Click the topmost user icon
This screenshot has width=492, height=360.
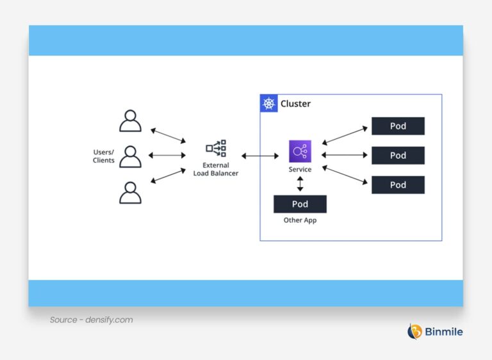[x=130, y=120]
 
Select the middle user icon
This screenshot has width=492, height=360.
[x=130, y=156]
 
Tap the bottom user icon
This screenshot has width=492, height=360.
[x=130, y=192]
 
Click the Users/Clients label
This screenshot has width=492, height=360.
[x=104, y=156]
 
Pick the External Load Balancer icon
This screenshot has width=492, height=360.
[x=216, y=149]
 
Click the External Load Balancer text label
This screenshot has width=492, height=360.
[x=216, y=169]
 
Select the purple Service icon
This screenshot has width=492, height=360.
[x=300, y=151]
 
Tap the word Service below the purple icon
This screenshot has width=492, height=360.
[x=300, y=170]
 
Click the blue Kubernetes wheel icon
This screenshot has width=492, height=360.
[x=269, y=104]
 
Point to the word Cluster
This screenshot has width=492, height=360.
[x=295, y=104]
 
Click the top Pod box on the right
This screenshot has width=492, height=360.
[x=398, y=126]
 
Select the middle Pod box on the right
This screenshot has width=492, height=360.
[x=398, y=156]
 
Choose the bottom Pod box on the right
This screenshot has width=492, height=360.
[x=398, y=185]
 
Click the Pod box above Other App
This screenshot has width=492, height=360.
[x=300, y=204]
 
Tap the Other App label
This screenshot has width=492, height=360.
[x=300, y=220]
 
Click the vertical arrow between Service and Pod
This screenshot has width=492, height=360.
[x=300, y=184]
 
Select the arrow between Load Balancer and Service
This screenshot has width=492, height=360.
[x=260, y=156]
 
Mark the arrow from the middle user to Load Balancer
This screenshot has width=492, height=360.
[x=167, y=156]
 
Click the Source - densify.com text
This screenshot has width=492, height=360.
[x=92, y=320]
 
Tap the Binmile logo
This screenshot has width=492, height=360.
[x=435, y=331]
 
